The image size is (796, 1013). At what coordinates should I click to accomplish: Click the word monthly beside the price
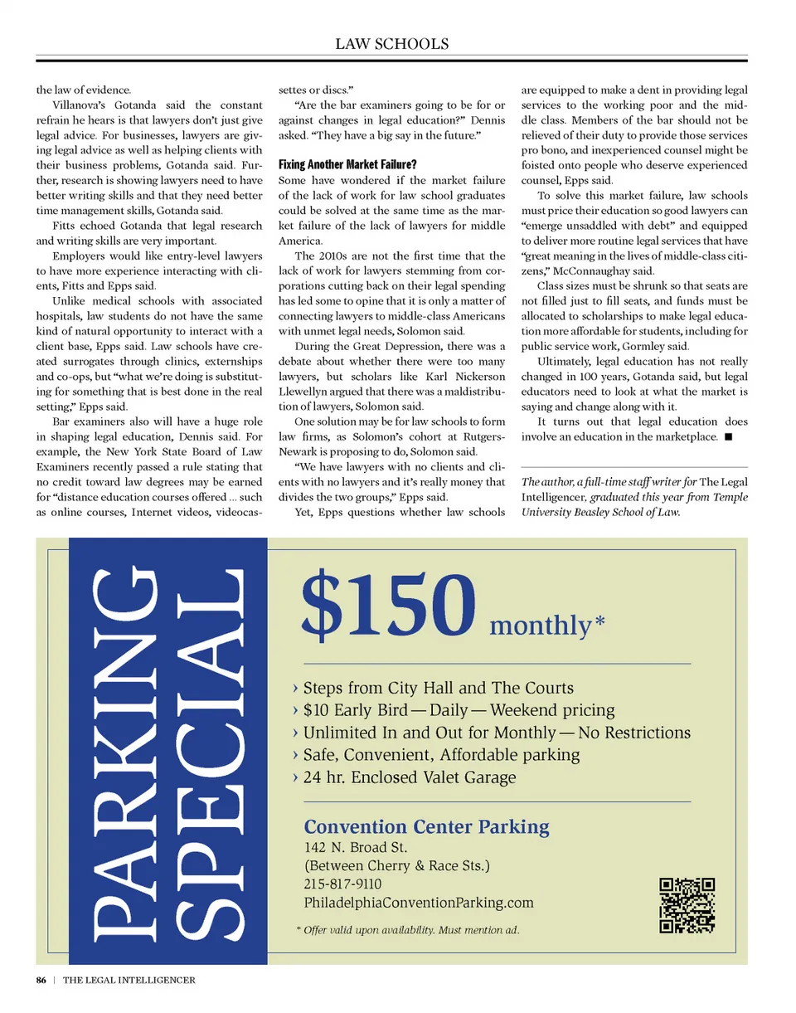(x=539, y=624)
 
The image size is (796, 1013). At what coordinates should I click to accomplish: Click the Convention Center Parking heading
(x=426, y=826)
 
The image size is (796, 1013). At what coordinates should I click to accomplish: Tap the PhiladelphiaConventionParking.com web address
(x=419, y=903)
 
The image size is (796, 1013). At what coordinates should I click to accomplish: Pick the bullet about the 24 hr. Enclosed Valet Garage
(x=409, y=777)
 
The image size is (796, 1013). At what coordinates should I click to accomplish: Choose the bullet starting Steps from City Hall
(x=438, y=688)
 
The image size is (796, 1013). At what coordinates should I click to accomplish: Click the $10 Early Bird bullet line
(x=459, y=710)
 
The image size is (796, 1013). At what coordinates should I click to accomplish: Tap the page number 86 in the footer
(x=41, y=981)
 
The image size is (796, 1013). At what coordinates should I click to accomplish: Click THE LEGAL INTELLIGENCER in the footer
(x=129, y=981)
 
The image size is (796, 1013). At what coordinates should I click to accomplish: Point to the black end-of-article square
(x=727, y=437)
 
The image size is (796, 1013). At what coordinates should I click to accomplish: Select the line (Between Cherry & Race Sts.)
(x=397, y=866)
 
